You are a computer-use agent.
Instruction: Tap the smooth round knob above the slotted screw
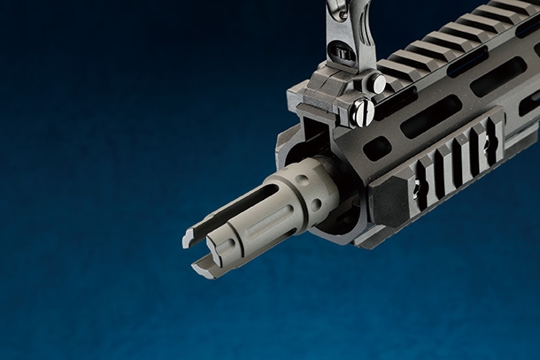pyautogui.click(x=377, y=84)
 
